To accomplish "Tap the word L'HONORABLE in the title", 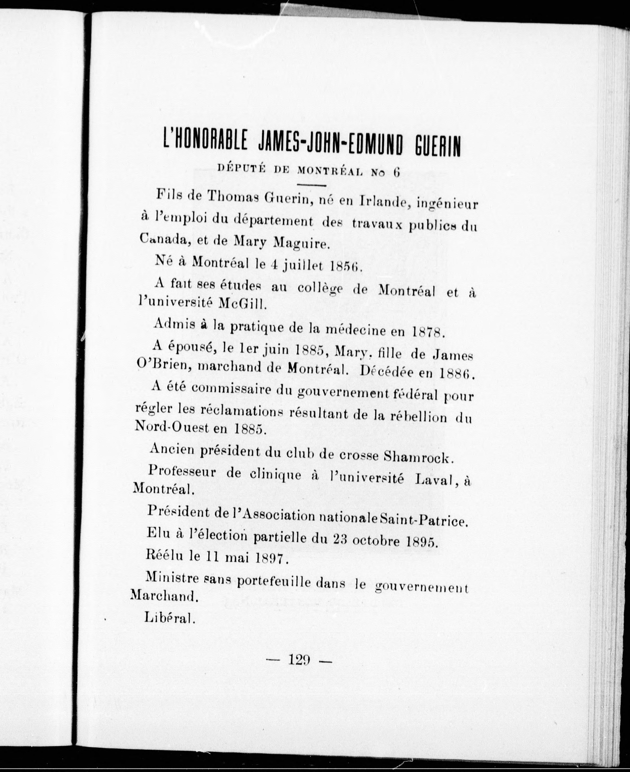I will [x=205, y=143].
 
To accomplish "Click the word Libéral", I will [x=170, y=617].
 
